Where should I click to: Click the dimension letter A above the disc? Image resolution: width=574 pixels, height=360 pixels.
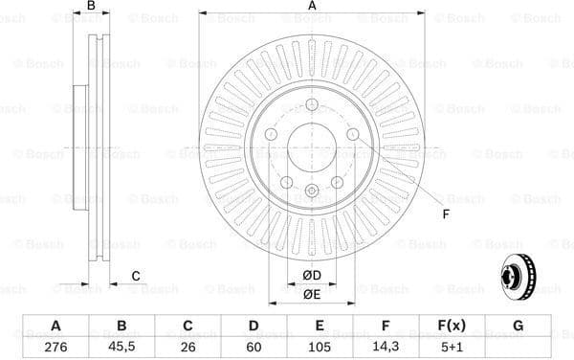click(x=312, y=7)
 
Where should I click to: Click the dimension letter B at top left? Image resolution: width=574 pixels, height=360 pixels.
click(x=92, y=7)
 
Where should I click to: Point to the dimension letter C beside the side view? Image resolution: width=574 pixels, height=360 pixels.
click(x=136, y=276)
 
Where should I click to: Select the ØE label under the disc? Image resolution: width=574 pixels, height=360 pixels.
click(x=312, y=294)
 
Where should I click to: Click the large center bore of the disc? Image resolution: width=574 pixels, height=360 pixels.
click(x=312, y=147)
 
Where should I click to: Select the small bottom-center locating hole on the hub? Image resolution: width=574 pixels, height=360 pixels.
click(x=312, y=191)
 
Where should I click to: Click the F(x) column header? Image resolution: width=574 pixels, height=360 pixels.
click(x=452, y=325)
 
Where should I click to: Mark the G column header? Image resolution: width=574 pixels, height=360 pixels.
click(x=518, y=325)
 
